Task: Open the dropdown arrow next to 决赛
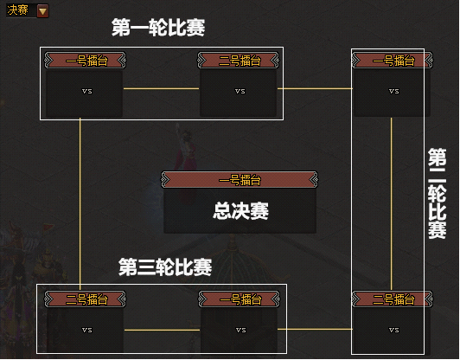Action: point(43,11)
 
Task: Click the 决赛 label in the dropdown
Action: point(17,10)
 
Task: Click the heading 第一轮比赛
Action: point(158,28)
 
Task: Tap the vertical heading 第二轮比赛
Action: point(437,194)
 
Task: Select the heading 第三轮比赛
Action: point(165,267)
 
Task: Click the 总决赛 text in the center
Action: point(240,211)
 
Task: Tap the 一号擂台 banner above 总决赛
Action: point(240,180)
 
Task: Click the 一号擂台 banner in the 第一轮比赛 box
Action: point(85,61)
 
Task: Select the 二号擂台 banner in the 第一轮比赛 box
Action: point(239,61)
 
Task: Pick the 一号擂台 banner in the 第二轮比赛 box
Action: point(393,61)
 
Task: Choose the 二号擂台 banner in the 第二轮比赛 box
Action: point(393,299)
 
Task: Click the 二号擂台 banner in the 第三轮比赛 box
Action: point(85,299)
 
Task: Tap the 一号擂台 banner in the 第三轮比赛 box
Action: point(240,299)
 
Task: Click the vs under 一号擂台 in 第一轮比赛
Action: point(86,92)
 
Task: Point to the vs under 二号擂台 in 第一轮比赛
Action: point(240,92)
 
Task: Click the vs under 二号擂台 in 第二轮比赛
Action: point(393,330)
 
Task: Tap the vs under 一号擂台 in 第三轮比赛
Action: point(241,330)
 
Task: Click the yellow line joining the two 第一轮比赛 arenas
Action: point(161,88)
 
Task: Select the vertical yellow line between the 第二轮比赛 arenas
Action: point(391,203)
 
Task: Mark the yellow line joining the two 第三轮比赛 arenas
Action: point(162,330)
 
